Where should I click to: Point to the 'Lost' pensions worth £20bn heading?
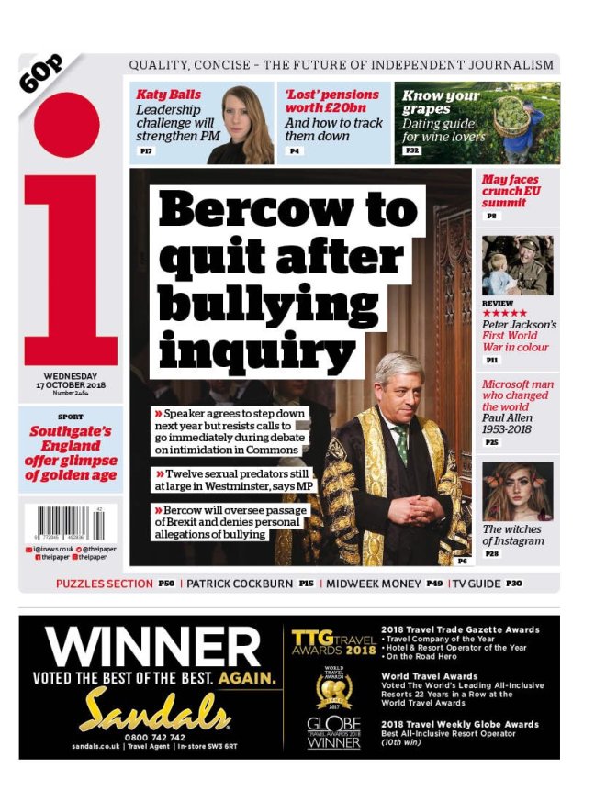click(x=331, y=101)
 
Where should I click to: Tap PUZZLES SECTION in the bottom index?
click(x=104, y=584)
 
